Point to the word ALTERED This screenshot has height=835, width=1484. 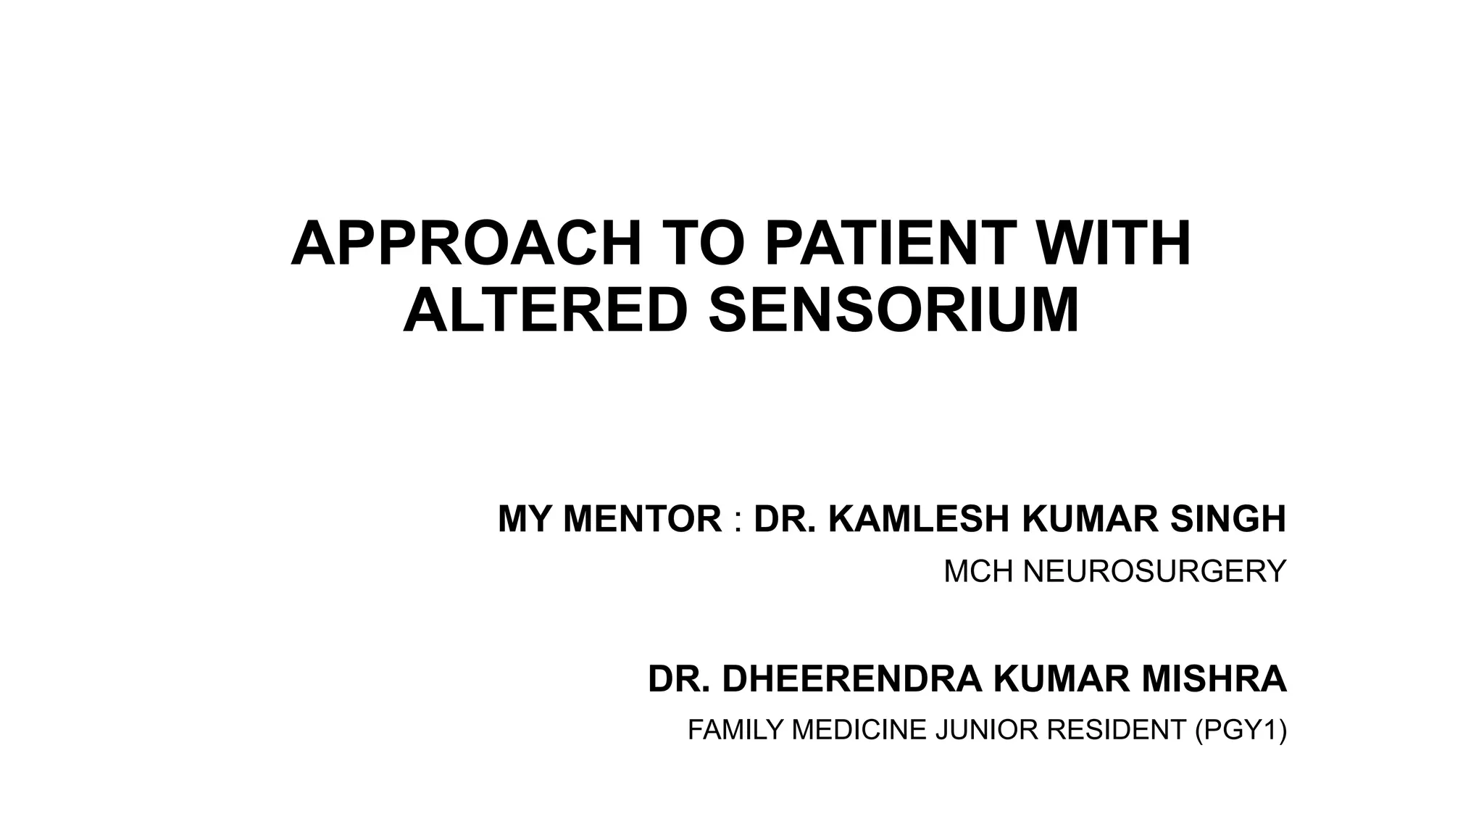(x=544, y=310)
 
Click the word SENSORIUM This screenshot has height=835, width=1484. (x=893, y=310)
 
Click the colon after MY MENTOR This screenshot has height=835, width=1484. (x=738, y=520)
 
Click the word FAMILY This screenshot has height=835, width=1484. (x=735, y=730)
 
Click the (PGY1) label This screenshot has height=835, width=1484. (x=1241, y=730)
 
